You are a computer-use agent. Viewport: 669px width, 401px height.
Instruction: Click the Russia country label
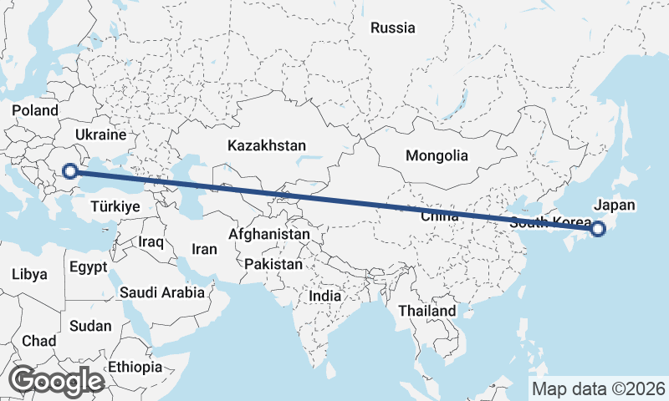(x=392, y=28)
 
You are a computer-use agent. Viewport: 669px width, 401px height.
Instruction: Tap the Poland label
(x=35, y=110)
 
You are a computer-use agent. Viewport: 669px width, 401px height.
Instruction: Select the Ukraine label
(x=100, y=135)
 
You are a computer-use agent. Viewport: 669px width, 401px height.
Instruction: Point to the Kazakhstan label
(x=267, y=145)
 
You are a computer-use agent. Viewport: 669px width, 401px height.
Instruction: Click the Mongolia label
(x=437, y=155)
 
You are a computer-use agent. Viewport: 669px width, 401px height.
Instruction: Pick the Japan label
(x=615, y=205)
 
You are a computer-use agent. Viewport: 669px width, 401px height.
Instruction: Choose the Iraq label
(x=151, y=241)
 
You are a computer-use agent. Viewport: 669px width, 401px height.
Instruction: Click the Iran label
(x=205, y=249)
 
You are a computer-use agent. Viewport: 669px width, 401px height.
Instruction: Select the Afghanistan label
(x=268, y=235)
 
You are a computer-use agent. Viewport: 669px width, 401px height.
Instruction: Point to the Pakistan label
(x=273, y=264)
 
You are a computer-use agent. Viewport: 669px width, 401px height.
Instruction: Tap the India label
(x=324, y=296)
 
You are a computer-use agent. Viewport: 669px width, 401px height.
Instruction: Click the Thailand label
(x=427, y=311)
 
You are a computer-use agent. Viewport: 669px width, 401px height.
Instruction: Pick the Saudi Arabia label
(x=162, y=292)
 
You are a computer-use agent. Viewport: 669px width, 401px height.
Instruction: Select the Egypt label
(x=89, y=268)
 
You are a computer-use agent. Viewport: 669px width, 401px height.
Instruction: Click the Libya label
(x=29, y=274)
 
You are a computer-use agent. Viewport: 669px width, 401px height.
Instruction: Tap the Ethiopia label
(x=135, y=367)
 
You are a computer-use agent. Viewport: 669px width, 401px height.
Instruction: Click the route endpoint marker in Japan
(x=598, y=229)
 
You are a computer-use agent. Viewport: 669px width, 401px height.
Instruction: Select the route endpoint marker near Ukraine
(x=71, y=172)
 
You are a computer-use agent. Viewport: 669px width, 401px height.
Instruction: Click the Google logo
(x=57, y=381)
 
